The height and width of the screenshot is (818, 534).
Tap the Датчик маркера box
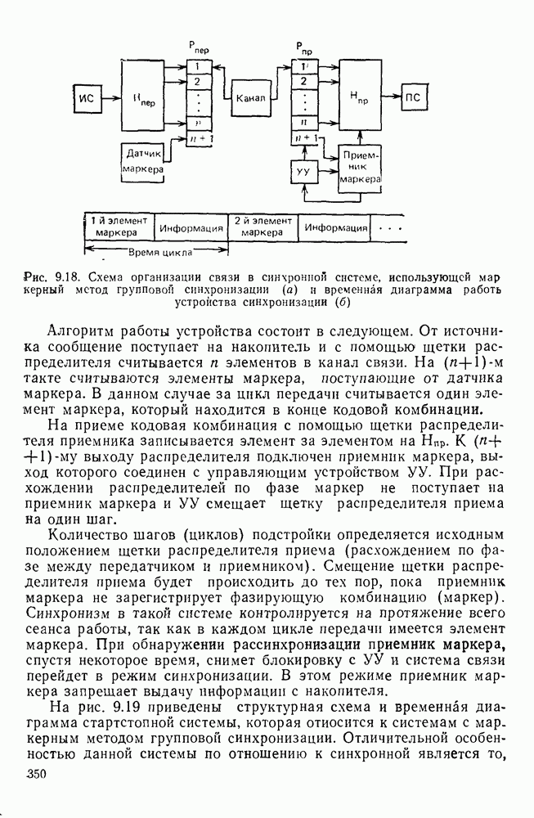[x=142, y=161]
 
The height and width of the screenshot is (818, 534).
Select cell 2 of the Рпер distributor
[x=198, y=80]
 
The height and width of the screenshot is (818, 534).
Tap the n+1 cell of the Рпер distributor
[x=198, y=138]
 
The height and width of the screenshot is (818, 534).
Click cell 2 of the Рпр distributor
[x=303, y=80]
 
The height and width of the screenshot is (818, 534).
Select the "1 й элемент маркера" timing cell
[x=119, y=226]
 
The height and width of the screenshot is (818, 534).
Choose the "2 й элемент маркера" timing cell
[x=263, y=226]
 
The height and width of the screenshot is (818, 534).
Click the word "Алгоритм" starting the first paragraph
[x=83, y=331]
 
